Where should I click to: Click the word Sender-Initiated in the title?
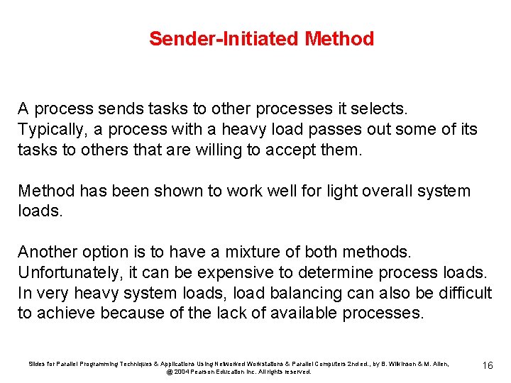pos(224,38)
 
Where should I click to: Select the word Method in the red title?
pos(339,38)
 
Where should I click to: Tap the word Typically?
pos(50,130)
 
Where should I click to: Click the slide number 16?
pos(487,365)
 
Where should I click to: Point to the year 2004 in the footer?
pos(180,372)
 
